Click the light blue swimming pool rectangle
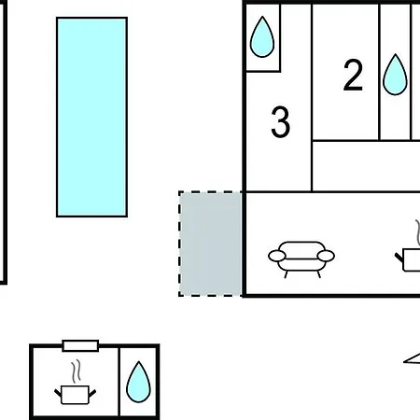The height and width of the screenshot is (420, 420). click(x=91, y=117)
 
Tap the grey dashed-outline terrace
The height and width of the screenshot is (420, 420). click(x=210, y=244)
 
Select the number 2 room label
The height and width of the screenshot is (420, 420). click(x=353, y=76)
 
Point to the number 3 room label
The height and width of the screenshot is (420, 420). click(x=281, y=121)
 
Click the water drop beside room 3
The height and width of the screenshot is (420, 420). click(x=262, y=37)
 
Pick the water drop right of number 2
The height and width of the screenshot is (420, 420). click(x=395, y=75)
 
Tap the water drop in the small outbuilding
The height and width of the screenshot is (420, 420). click(x=138, y=382)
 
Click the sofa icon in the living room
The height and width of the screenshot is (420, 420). click(x=301, y=259)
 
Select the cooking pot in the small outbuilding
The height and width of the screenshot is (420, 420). click(x=75, y=395)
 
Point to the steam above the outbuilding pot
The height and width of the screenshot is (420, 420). click(x=76, y=371)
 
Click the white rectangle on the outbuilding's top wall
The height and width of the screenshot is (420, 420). click(x=80, y=345)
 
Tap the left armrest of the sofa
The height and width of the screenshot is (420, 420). click(x=277, y=256)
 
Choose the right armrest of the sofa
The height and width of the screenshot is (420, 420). click(x=326, y=256)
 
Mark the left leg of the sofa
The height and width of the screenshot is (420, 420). click(x=286, y=274)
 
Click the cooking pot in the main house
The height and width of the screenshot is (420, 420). click(x=408, y=259)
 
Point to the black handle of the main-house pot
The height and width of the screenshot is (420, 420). click(x=399, y=258)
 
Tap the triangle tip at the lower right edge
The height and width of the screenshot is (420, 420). click(x=404, y=361)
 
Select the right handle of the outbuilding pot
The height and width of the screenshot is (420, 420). click(x=92, y=394)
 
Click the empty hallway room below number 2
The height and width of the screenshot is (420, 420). click(x=366, y=166)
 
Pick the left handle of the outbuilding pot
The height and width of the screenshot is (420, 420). click(x=58, y=393)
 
